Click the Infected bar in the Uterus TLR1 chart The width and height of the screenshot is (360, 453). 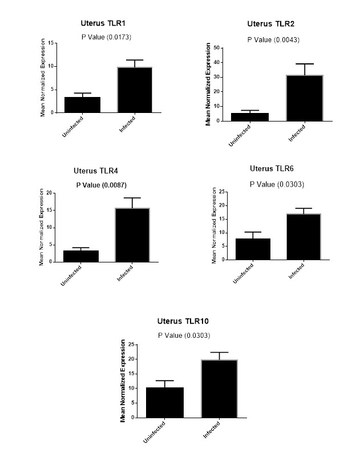pyautogui.click(x=135, y=90)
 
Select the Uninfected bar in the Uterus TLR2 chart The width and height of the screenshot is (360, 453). pyautogui.click(x=250, y=117)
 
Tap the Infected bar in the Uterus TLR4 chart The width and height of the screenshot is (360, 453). pyautogui.click(x=132, y=235)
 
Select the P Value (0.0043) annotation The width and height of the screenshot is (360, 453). pyautogui.click(x=273, y=39)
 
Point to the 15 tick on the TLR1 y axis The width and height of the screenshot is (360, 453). pyautogui.click(x=51, y=43)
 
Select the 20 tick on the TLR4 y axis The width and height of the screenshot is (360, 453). pyautogui.click(x=50, y=193)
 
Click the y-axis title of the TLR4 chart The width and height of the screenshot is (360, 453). pyautogui.click(x=41, y=227)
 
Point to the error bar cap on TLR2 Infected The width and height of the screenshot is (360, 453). pyautogui.click(x=304, y=64)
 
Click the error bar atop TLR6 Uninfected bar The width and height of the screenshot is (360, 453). pyautogui.click(x=253, y=232)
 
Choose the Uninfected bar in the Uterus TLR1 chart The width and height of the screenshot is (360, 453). pyautogui.click(x=83, y=105)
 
